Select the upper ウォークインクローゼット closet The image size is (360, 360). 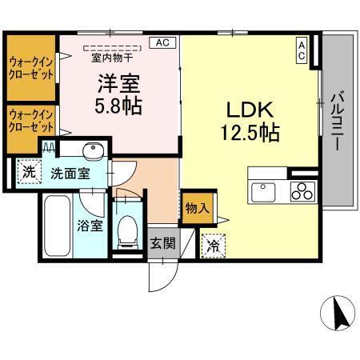(x=31, y=68)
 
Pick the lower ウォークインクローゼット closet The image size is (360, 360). (x=31, y=121)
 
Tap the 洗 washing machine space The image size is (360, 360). (x=29, y=170)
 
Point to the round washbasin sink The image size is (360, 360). (x=93, y=151)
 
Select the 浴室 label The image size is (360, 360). (x=90, y=225)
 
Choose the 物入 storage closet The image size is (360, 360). (x=197, y=209)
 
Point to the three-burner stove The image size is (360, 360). (x=302, y=191)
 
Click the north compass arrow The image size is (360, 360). (x=339, y=312)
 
